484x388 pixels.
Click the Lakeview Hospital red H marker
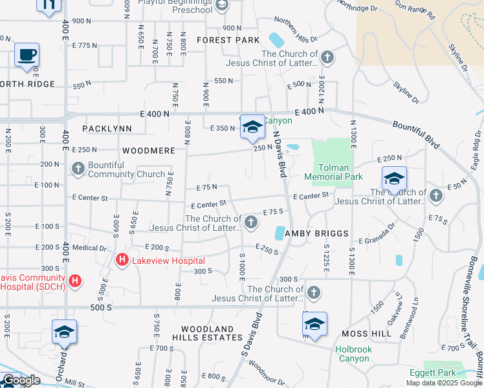pos(121,261)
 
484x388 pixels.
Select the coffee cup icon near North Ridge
pos(27,55)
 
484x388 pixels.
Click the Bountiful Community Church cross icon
pos(78,169)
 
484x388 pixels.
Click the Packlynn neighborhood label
pos(107,129)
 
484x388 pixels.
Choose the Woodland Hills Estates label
pos(207,333)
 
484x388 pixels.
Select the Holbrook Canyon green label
pos(353,354)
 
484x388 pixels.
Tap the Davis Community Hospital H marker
pos(76,281)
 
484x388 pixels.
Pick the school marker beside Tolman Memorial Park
pos(393,178)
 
